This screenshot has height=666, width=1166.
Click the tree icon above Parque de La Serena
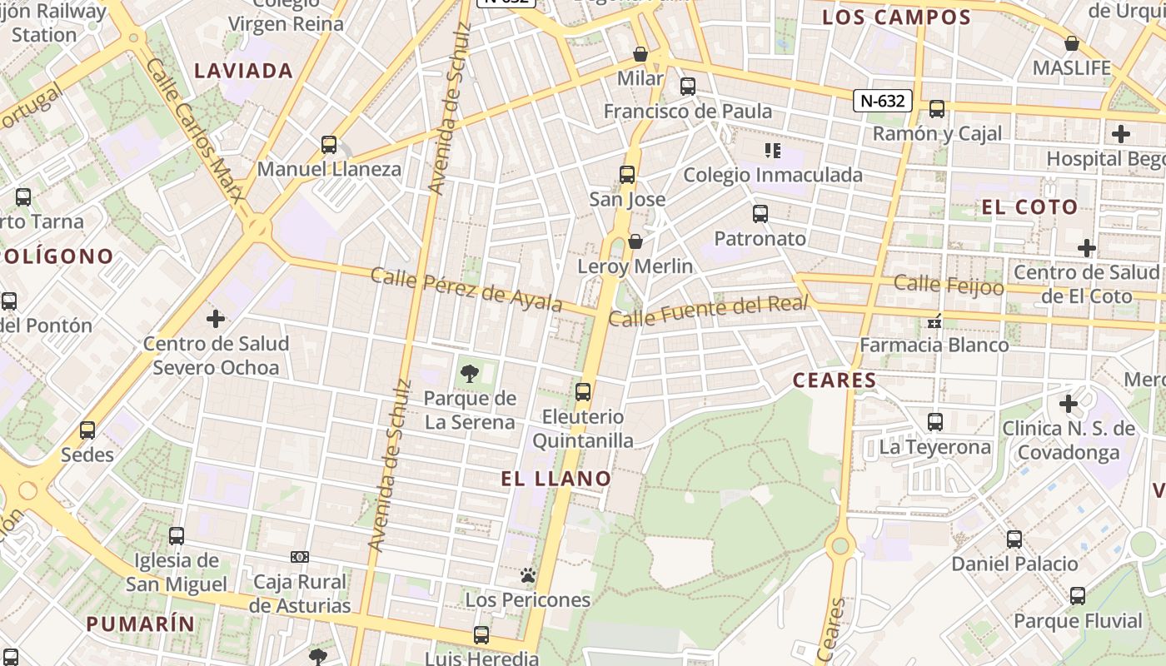click(x=469, y=374)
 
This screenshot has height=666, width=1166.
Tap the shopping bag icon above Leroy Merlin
click(x=635, y=241)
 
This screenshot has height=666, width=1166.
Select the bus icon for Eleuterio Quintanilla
click(x=583, y=391)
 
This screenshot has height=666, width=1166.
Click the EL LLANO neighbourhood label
click(x=556, y=479)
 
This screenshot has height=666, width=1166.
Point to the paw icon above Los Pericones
click(x=527, y=575)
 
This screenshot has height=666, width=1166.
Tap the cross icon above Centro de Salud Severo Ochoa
click(x=216, y=318)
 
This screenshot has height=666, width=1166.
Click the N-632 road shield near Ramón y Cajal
click(x=883, y=101)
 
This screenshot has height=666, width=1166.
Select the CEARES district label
click(x=835, y=380)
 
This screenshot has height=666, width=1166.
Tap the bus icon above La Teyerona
click(x=935, y=422)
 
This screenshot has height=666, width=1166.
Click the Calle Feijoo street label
click(x=949, y=285)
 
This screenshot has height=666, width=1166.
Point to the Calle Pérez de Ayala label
click(x=466, y=289)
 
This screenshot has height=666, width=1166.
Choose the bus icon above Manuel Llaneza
click(x=329, y=145)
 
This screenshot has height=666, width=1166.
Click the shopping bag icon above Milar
click(x=640, y=54)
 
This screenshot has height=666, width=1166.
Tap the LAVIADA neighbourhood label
click(x=243, y=71)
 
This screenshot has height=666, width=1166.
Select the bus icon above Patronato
click(x=760, y=214)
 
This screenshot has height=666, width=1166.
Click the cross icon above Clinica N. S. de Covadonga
click(x=1069, y=404)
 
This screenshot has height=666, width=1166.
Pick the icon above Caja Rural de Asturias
click(x=300, y=556)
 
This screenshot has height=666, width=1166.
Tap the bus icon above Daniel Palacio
click(x=1014, y=539)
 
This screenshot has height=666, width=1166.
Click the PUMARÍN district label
click(x=140, y=624)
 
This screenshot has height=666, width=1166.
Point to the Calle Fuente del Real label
click(x=708, y=311)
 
